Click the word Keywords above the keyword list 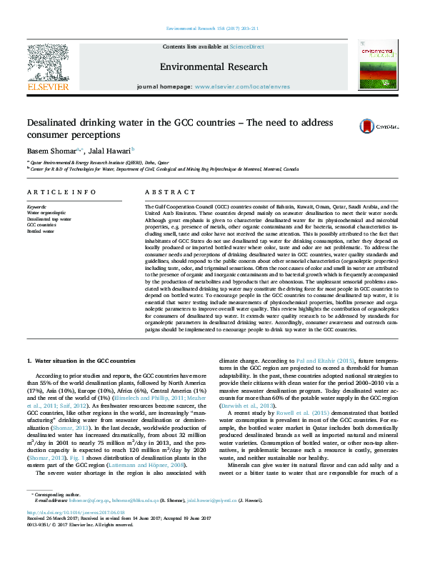(36, 206)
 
